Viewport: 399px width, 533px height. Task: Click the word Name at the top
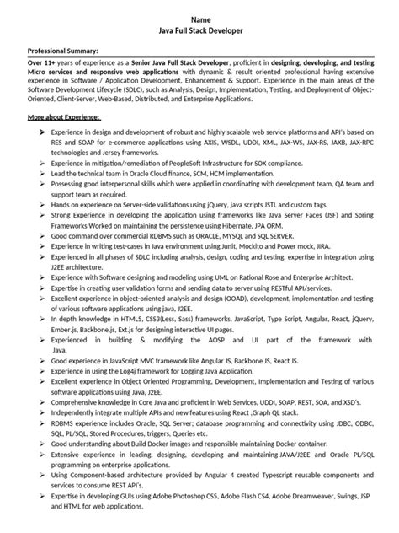(199, 19)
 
